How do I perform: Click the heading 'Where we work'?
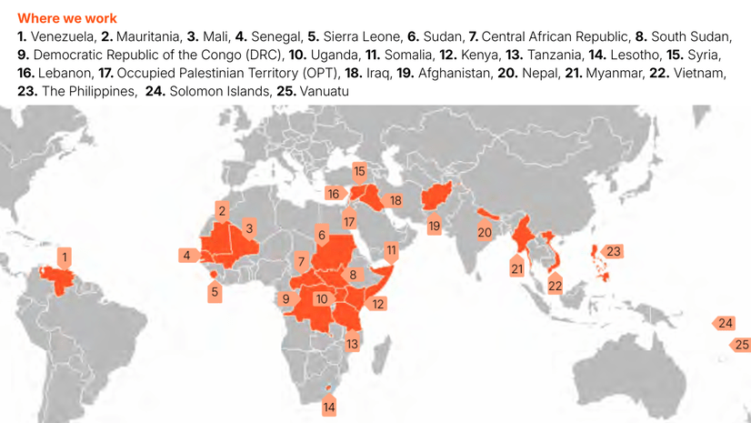[66, 18]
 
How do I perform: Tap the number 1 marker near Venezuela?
[65, 257]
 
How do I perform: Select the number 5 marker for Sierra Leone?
[215, 293]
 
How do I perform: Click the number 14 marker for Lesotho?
[329, 407]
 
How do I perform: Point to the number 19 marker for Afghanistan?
[435, 226]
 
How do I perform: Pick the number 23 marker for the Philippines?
[613, 252]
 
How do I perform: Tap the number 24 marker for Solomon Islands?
[725, 323]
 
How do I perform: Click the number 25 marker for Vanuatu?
[741, 345]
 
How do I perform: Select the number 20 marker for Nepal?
[485, 232]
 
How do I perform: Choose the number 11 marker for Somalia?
[392, 249]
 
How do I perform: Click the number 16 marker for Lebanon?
[334, 194]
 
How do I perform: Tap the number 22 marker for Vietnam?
[555, 286]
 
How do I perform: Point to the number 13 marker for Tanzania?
[352, 344]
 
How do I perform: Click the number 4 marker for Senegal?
[187, 255]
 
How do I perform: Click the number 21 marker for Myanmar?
[517, 268]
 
